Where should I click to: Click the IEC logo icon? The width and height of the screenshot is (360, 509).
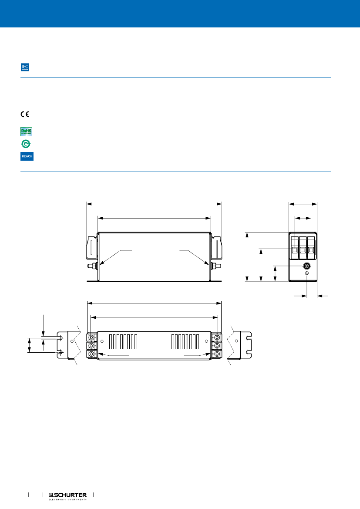pos(25,67)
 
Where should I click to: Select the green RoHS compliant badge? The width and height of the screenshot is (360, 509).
pos(27,131)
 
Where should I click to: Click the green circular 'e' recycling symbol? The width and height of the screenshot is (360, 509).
pos(26,144)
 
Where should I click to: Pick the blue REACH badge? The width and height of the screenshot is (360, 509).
pos(27,156)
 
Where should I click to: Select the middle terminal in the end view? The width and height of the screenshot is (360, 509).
pos(303,247)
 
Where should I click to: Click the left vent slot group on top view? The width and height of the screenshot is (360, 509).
pos(123,342)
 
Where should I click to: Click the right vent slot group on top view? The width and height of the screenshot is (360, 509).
pos(185,342)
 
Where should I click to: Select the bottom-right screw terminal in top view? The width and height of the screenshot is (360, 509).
pos(217,354)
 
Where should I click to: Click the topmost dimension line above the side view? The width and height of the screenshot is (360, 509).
pos(154,203)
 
